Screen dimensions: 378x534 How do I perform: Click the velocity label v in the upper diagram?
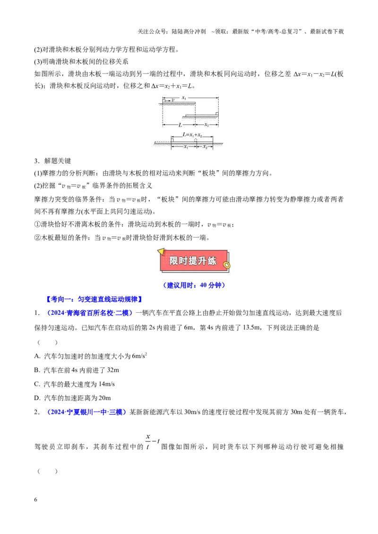coord(173,100)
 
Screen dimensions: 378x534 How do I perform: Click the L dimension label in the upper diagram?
coord(180,125)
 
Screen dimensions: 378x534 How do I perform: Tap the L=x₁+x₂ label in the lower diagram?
coord(192,134)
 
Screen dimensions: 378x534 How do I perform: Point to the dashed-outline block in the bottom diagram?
coord(196,140)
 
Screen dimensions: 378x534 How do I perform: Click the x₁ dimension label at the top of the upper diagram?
coord(184,98)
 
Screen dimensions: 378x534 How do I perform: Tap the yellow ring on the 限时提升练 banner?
coord(226,265)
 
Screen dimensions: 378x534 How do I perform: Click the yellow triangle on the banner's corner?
coord(160,252)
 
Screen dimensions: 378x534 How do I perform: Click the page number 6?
coord(36,500)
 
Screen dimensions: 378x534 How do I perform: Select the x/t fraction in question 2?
coord(148,442)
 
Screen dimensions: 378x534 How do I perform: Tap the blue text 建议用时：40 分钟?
coord(194,285)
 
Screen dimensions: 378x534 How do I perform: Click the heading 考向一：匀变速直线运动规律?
coord(94,299)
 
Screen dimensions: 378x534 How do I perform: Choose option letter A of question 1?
coord(37,356)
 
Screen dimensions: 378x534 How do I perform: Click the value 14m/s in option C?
coord(106,384)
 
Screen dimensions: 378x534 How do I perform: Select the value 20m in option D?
coord(104,398)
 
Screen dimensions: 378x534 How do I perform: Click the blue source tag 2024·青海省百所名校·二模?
coord(88,313)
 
